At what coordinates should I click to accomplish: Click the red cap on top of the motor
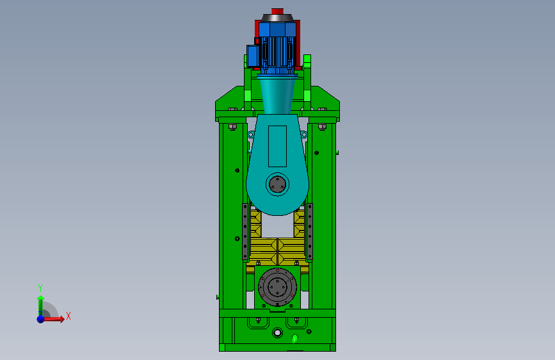coord(277,12)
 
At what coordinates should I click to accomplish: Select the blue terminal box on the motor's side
coord(252,56)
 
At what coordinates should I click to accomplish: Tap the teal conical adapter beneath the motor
coord(278,95)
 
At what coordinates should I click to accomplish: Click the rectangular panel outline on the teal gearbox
coord(278,146)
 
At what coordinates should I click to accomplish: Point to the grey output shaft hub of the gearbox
coord(278,184)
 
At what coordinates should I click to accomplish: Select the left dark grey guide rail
coord(245,232)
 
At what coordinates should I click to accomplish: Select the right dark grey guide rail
coord(310,232)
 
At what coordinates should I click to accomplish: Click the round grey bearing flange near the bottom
coord(278,286)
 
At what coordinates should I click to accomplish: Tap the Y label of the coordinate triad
coord(40,288)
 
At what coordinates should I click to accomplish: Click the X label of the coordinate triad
coord(68,316)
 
